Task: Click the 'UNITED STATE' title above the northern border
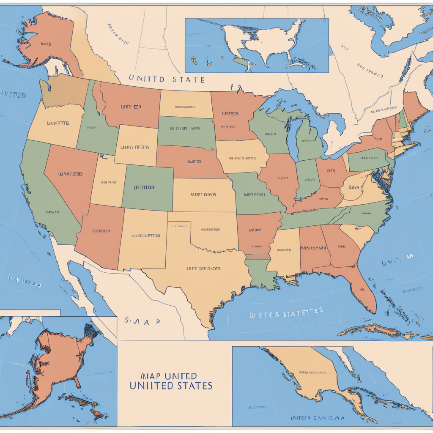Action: tap(167, 79)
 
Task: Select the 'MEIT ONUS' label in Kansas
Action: tap(203, 195)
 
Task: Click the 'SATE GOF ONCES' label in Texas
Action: tap(203, 269)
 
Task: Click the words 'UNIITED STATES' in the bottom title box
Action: tap(170, 385)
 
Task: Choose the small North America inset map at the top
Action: tap(257, 45)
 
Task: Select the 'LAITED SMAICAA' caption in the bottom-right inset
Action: tap(317, 418)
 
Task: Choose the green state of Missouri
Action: tap(254, 195)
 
